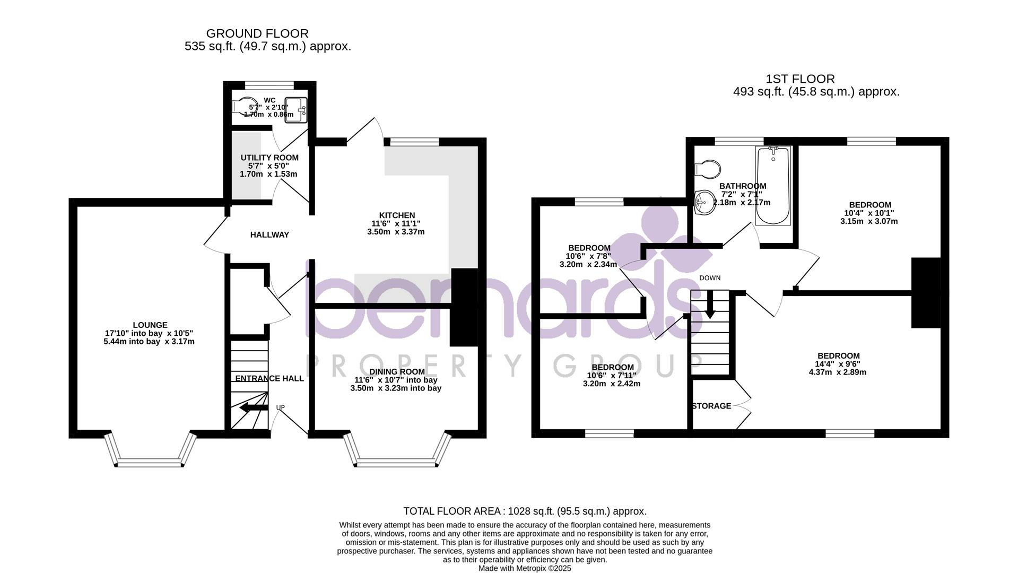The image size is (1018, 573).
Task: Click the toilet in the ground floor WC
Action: point(243,107)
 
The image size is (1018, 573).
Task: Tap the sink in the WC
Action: point(296,110)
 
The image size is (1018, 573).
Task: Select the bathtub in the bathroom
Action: point(773,186)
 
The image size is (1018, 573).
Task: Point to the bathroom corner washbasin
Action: point(704,202)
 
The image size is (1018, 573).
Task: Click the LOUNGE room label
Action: point(150,325)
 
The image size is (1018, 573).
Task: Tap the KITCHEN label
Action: point(397,215)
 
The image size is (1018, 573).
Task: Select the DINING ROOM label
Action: point(396,371)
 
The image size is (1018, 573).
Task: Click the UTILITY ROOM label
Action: point(269,158)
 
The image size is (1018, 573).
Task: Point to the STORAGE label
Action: point(711,406)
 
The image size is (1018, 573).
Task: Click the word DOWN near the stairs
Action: point(710,278)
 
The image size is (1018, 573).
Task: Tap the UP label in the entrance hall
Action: point(280,407)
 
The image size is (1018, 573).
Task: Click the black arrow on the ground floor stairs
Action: point(253,408)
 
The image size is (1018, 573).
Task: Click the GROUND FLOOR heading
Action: point(257,34)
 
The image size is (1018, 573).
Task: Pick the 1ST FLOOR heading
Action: point(800,79)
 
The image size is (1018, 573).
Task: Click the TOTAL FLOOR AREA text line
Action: point(525,511)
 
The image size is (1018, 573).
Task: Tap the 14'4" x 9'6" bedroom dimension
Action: point(838,364)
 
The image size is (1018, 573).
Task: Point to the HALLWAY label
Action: point(269,235)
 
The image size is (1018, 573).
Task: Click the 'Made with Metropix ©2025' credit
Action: point(525,568)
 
